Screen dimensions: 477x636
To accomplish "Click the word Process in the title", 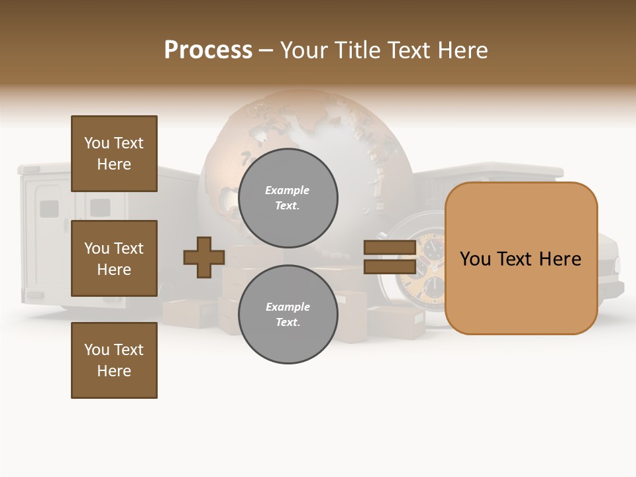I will (x=208, y=50).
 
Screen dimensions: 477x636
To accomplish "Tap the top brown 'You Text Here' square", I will (x=114, y=154).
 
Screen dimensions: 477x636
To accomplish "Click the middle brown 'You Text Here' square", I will (x=114, y=258).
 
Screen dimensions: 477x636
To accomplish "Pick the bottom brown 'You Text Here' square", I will (x=114, y=360).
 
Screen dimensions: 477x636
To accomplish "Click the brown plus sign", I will (x=204, y=257).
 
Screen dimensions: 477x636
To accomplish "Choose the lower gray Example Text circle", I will (x=288, y=314).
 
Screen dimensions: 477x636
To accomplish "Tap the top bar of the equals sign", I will (x=390, y=248).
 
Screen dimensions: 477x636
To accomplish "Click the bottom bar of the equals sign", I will (x=390, y=266).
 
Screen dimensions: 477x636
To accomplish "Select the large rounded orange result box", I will (x=521, y=258).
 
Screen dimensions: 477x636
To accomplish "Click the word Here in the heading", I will (x=464, y=50).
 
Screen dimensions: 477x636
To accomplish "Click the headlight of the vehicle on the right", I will (x=617, y=264).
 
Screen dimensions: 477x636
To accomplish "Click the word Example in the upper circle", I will (x=288, y=190).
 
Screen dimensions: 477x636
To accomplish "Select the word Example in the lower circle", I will (x=288, y=307).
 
